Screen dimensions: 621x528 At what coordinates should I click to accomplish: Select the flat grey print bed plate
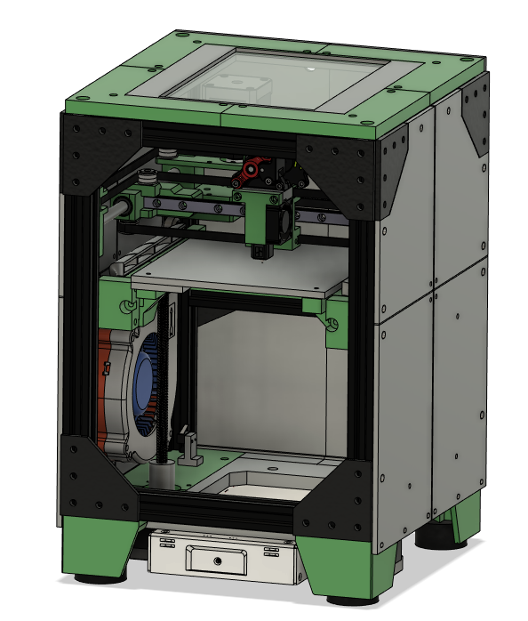click(x=240, y=271)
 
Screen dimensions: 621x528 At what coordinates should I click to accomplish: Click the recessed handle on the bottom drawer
click(x=217, y=560)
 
